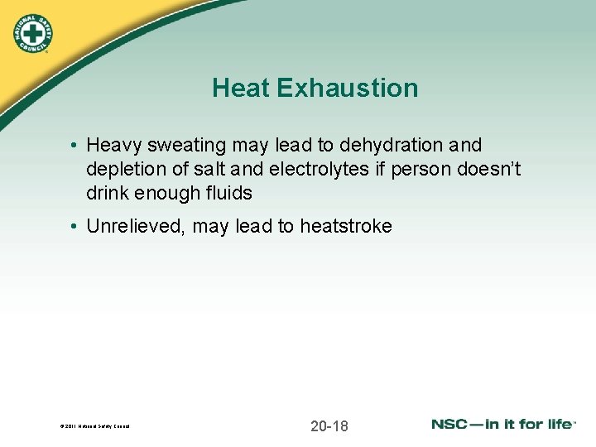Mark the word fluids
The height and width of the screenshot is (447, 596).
coord(231,194)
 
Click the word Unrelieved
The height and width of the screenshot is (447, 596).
coord(135,227)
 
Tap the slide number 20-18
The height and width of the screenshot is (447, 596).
coord(329,426)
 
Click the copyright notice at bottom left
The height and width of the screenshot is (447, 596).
coord(94,427)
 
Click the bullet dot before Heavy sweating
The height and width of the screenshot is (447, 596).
coord(74,147)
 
